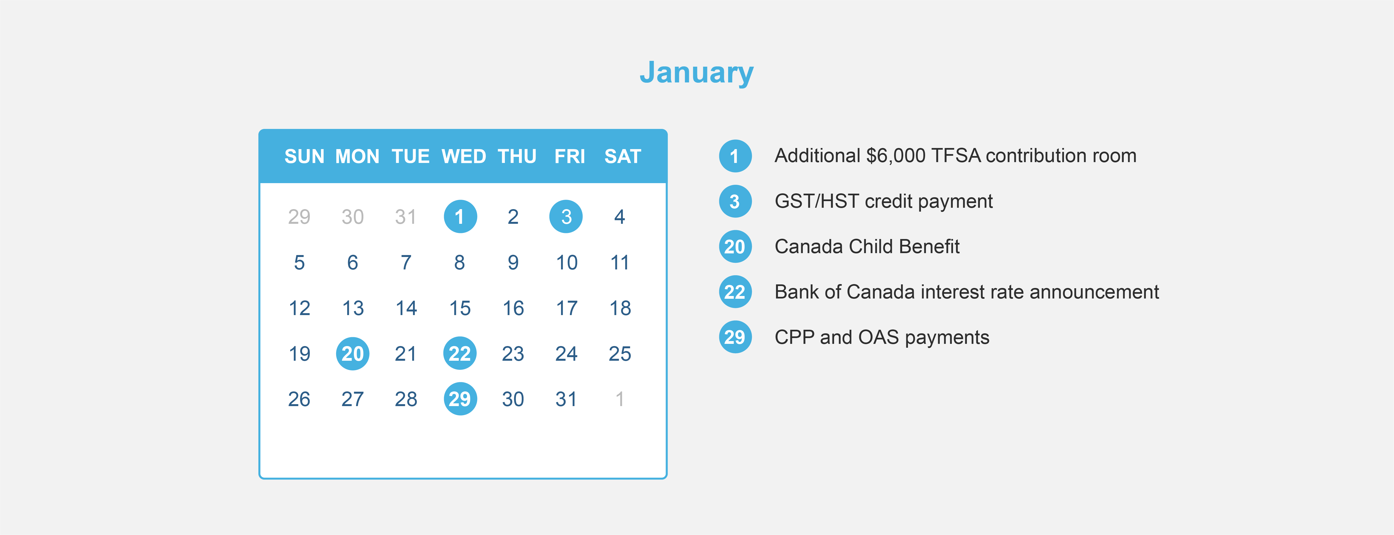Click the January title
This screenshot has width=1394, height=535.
pyautogui.click(x=697, y=73)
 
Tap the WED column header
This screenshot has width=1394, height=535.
pyautogui.click(x=464, y=156)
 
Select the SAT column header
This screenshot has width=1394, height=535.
pyautogui.click(x=622, y=156)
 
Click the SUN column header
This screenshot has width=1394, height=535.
pyautogui.click(x=304, y=156)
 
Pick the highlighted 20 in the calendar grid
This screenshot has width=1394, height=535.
pyautogui.click(x=352, y=354)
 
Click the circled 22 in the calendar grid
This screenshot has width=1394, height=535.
pyautogui.click(x=460, y=354)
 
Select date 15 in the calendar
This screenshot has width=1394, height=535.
pyautogui.click(x=460, y=308)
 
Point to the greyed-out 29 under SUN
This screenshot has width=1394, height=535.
pyautogui.click(x=299, y=217)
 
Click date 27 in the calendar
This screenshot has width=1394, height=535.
pyautogui.click(x=352, y=399)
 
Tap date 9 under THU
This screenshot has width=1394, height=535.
pyautogui.click(x=513, y=263)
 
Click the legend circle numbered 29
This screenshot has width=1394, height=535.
pyautogui.click(x=735, y=337)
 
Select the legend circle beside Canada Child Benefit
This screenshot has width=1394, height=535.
pyautogui.click(x=735, y=247)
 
